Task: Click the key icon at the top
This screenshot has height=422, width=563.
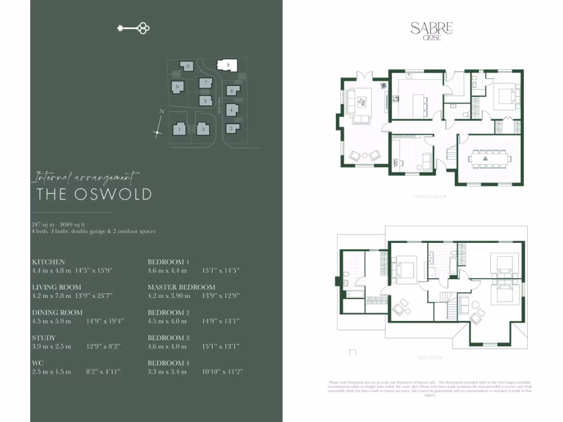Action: click(134, 28)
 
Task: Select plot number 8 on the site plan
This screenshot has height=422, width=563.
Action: click(228, 65)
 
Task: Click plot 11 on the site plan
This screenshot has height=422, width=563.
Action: click(188, 66)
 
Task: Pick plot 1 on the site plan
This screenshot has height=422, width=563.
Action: click(179, 130)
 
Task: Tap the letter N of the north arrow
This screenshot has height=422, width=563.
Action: click(161, 112)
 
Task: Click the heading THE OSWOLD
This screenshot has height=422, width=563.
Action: click(94, 194)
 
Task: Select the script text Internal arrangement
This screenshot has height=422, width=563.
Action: click(86, 177)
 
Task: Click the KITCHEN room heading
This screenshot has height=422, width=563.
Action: click(48, 262)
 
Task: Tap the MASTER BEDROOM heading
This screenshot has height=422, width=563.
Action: click(181, 287)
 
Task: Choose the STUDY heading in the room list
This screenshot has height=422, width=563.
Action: click(44, 338)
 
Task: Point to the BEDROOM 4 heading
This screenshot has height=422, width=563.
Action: click(169, 363)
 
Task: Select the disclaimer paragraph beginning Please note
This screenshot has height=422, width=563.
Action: click(430, 388)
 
